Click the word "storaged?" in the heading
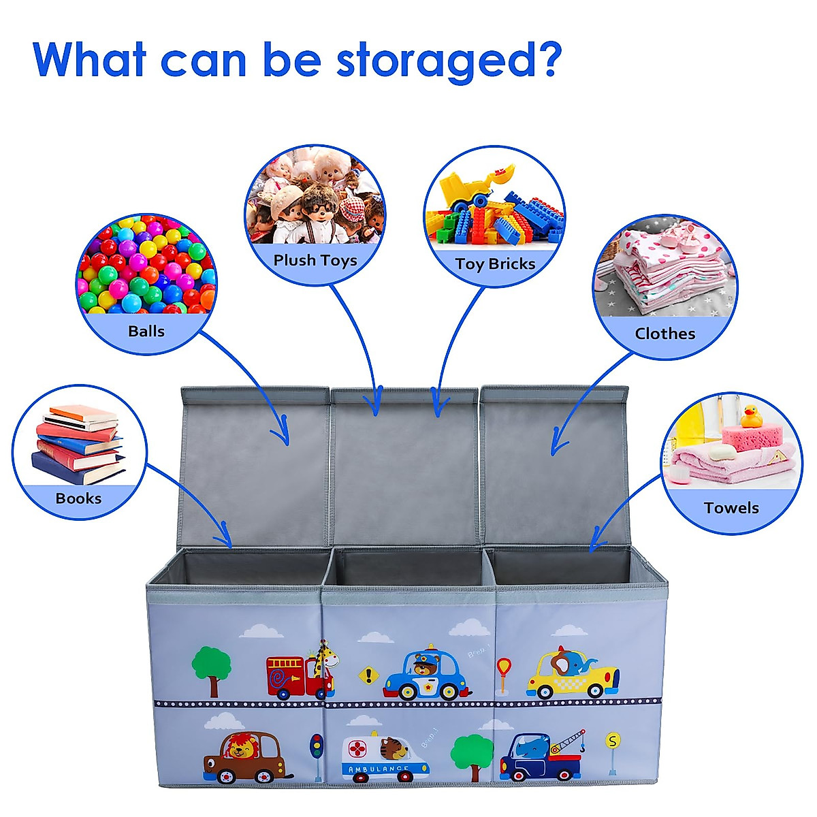pos(449,61)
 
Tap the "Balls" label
pos(146,332)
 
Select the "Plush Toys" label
pos(315,260)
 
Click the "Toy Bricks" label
pos(495,264)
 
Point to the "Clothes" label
pos(664,334)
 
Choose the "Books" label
pos(78,498)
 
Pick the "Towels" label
pos(731,508)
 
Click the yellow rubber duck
pos(751,415)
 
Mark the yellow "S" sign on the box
pos(613,741)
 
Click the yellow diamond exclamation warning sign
pos(368,675)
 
